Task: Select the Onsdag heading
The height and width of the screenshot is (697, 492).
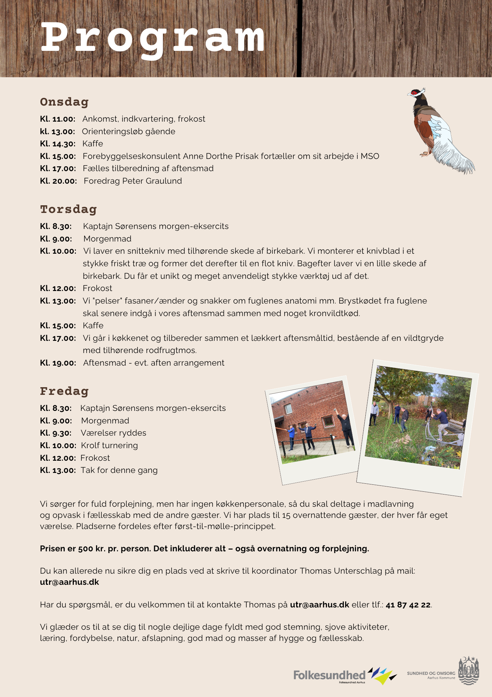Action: pyautogui.click(x=64, y=102)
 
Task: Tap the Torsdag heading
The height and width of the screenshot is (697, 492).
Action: pyautogui.click(x=68, y=209)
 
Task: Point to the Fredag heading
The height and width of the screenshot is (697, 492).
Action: pyautogui.click(x=64, y=391)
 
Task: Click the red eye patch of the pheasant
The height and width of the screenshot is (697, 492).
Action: pyautogui.click(x=414, y=93)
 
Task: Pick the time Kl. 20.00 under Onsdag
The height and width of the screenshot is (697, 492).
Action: pyautogui.click(x=58, y=181)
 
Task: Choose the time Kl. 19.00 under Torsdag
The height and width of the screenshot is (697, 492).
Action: pyautogui.click(x=58, y=363)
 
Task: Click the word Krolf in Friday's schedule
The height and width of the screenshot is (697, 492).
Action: pyautogui.click(x=90, y=445)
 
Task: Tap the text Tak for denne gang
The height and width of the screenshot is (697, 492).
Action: pyautogui.click(x=119, y=470)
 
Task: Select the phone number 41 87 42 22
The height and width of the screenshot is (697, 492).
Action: pyautogui.click(x=408, y=605)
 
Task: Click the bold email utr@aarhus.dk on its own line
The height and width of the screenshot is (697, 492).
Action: pyautogui.click(x=70, y=582)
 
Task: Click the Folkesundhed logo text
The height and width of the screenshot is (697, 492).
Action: pyautogui.click(x=329, y=675)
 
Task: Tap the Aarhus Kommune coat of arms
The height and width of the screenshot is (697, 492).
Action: pyautogui.click(x=468, y=671)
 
